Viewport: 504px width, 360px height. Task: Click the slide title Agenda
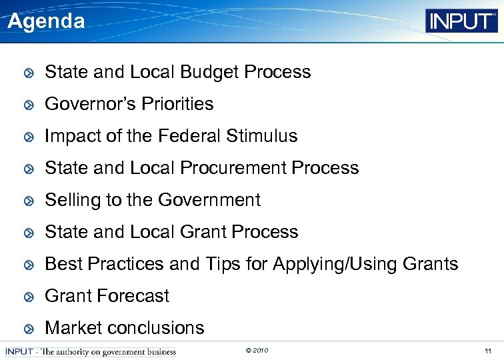[x=46, y=21]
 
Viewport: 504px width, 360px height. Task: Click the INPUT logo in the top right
[x=461, y=21]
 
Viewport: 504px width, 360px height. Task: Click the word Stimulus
[x=261, y=136]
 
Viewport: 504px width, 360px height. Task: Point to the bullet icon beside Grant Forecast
[x=29, y=297]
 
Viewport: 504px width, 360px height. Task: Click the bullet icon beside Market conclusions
[x=29, y=329]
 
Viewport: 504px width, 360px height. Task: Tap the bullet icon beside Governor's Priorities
[x=29, y=105]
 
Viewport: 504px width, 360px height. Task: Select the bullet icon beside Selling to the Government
[x=29, y=201]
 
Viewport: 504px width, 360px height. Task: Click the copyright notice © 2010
[x=257, y=351]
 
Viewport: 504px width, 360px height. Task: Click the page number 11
[x=488, y=351]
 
